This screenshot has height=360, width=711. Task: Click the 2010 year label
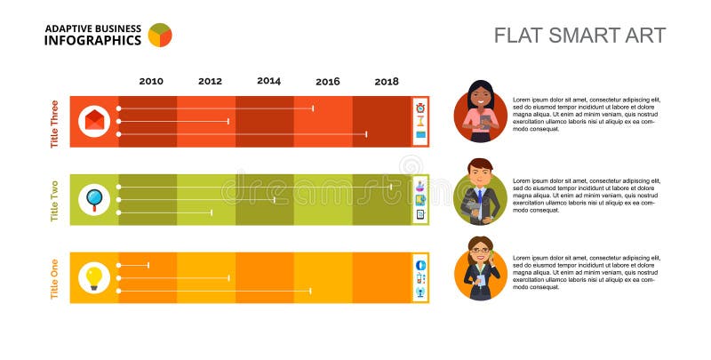click(151, 82)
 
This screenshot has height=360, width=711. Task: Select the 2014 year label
click(268, 81)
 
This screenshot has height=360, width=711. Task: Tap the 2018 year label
click(387, 82)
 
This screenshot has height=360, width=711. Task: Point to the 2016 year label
click(327, 82)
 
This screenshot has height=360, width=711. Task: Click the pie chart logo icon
click(160, 35)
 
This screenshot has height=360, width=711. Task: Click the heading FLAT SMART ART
click(579, 36)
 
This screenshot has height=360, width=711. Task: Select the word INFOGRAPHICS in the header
click(92, 41)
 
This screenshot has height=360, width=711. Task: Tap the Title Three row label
click(55, 122)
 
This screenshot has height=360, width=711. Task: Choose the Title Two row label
click(55, 200)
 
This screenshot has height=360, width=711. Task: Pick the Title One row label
click(55, 278)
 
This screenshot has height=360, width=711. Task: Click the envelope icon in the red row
click(93, 121)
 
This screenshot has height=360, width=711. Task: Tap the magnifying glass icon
click(93, 199)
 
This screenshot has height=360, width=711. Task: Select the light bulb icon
click(93, 277)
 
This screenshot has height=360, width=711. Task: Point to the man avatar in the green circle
click(480, 192)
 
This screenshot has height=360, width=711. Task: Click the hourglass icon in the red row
click(420, 121)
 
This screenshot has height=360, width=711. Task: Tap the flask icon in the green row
click(420, 186)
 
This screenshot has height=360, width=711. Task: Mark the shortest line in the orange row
click(133, 265)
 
